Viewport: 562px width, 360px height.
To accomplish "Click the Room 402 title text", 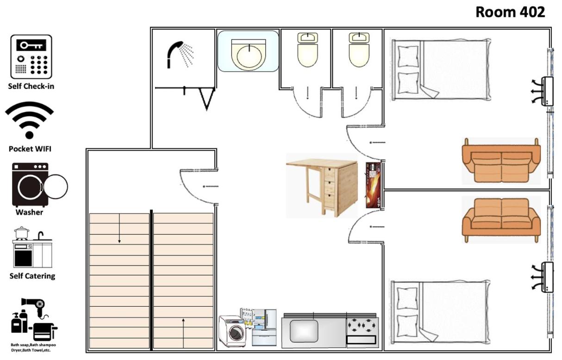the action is coord(510,12).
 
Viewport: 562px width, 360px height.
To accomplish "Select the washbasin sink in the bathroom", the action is coord(249,55).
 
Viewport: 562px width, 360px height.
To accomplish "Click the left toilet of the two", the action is coord(307,50).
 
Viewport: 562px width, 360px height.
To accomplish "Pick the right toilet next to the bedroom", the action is coord(359,50).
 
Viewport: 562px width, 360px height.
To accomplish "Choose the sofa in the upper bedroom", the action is coord(501,161).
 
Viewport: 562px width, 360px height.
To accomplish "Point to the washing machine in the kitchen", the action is coord(232,331).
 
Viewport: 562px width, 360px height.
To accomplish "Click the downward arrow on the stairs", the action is coord(119,228).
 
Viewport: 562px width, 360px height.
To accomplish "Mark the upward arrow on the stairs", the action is coord(183,333).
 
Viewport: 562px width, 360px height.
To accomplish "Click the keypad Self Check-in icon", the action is coord(31,56).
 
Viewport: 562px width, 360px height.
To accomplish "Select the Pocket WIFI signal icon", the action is coord(29,120).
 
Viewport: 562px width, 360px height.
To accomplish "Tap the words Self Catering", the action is coord(32,276).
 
